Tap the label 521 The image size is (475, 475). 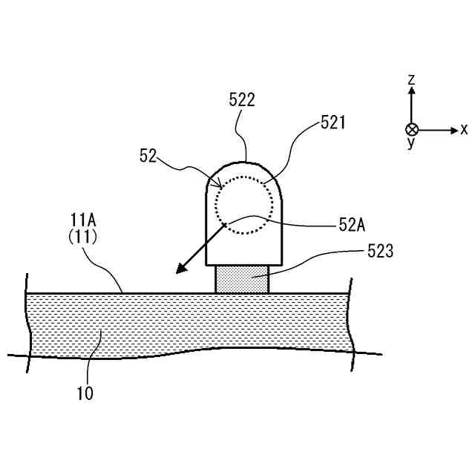coord(333,122)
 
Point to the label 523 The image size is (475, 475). coord(380,252)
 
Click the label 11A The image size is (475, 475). coord(83,220)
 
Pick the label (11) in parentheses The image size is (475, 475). coord(83,237)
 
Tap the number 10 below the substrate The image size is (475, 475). coord(85,393)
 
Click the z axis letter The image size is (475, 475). coord(412,79)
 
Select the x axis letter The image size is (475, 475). coord(464,130)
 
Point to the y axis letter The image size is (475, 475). coord(410,143)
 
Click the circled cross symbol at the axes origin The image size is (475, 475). coord(412,130)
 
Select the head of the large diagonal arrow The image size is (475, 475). coord(181,269)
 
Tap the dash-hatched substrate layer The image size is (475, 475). coord(186,323)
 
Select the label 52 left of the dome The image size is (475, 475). coord(148,155)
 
